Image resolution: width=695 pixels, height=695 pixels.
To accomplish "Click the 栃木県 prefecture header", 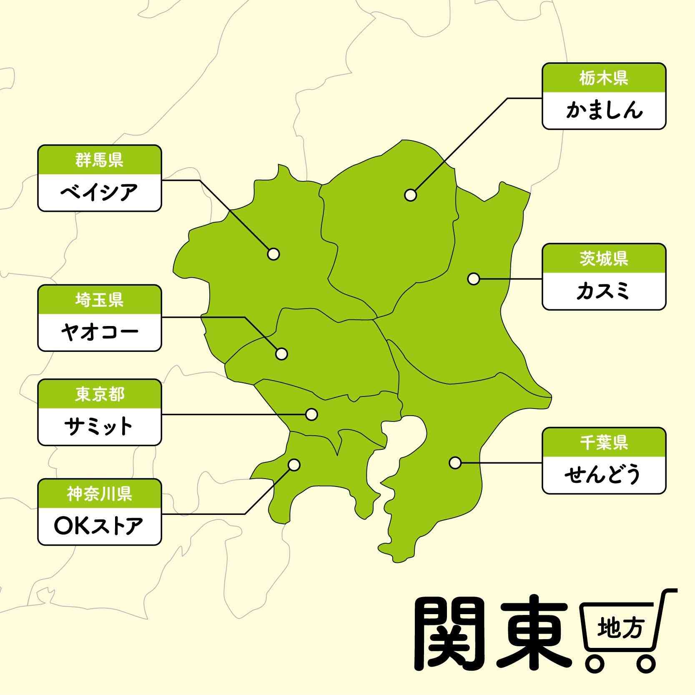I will (603, 78).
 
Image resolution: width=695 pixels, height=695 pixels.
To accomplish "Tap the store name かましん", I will (603, 110).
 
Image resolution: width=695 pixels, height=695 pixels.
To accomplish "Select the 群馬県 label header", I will (99, 160).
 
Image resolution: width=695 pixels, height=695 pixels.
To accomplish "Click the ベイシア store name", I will (99, 193).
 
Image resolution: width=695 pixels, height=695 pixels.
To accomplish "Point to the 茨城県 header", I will (603, 259).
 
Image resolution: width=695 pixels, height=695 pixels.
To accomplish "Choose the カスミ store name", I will (603, 291).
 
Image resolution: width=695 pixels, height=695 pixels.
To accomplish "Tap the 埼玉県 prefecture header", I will (99, 300).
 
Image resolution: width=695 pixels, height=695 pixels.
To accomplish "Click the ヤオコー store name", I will (99, 332).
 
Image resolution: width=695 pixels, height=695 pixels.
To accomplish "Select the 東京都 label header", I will (99, 394).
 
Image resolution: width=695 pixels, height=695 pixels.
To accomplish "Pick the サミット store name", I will (99, 427).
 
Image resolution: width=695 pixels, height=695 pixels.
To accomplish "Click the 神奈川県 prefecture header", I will (99, 494).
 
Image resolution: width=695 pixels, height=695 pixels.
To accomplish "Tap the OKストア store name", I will (99, 526).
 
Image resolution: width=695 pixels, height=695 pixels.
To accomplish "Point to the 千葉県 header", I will (603, 442).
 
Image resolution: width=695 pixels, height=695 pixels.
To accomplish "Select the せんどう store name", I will (603, 475).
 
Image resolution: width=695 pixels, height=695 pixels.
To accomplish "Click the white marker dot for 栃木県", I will (411, 195).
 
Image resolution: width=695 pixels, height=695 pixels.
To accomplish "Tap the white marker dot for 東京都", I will (311, 414).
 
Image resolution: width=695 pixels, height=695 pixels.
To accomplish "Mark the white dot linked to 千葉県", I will (455, 463).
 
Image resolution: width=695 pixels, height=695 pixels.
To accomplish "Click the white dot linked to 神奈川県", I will (294, 465).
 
